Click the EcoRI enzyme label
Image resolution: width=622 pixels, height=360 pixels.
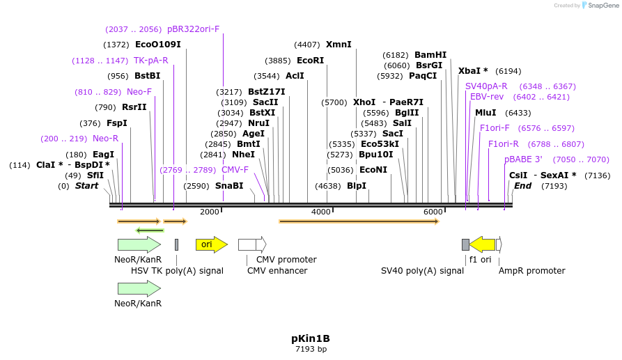click(310, 61)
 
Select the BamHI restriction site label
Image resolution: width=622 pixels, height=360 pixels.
click(430, 55)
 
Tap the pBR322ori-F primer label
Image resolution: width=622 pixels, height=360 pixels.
click(193, 29)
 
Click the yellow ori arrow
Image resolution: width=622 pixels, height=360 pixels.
click(211, 244)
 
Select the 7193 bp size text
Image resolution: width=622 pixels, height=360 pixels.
click(311, 349)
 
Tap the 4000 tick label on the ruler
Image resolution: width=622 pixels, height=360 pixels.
click(320, 212)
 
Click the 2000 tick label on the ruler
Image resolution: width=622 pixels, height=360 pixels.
click(210, 212)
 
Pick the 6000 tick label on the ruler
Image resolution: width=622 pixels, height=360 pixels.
click(433, 212)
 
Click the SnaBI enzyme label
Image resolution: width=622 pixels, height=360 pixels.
click(229, 186)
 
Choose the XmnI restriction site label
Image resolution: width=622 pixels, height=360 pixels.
click(339, 45)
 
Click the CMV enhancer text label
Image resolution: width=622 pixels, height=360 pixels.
click(277, 271)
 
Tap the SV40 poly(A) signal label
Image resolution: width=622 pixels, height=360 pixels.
click(422, 271)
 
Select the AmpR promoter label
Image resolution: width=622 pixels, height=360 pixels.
click(531, 271)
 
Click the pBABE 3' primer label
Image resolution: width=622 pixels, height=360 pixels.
click(523, 159)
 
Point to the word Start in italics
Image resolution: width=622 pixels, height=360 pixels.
click(87, 186)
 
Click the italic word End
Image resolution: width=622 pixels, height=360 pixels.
click(522, 186)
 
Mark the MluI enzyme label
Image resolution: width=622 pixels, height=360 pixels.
click(485, 113)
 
